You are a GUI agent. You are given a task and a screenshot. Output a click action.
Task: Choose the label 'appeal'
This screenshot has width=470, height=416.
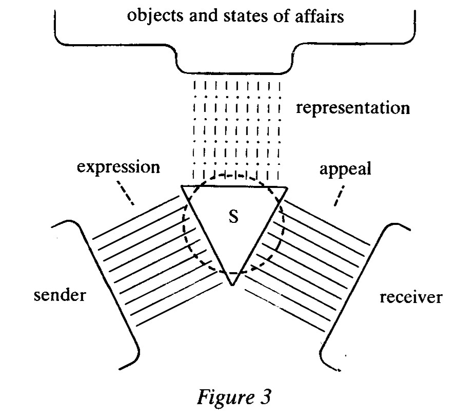(345, 169)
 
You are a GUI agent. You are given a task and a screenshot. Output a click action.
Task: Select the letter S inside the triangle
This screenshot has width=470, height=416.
(232, 217)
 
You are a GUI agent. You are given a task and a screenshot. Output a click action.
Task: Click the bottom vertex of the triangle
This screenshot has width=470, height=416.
(232, 284)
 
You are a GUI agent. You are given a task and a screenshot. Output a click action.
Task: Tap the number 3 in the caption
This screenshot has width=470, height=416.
(268, 396)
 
